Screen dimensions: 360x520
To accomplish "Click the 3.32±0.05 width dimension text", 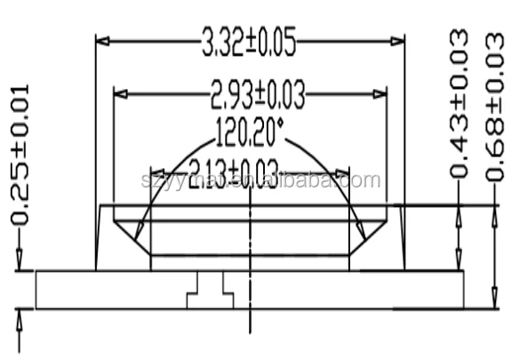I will [x=250, y=39].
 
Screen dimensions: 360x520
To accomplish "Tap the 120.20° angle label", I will [x=249, y=134].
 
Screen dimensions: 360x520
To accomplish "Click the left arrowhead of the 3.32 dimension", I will [x=102, y=40].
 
